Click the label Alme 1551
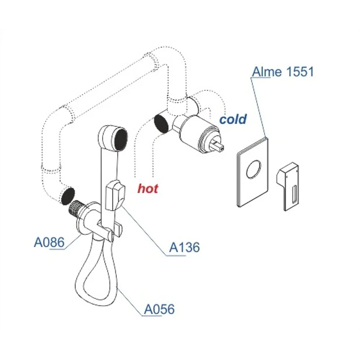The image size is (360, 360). tap(283, 72)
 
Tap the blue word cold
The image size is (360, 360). tap(233, 119)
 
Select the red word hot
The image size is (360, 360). tap(148, 189)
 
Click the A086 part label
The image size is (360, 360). tap(49, 242)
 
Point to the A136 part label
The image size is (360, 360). tap(184, 247)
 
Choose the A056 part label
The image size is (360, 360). tap(159, 309)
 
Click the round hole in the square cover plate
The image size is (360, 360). tap(254, 169)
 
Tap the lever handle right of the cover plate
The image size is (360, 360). tap(288, 186)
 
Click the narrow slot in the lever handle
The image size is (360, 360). tap(294, 195)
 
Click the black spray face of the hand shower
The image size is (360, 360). tap(121, 139)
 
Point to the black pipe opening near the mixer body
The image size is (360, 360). tap(161, 124)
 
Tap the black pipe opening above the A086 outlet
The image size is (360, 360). tap(68, 196)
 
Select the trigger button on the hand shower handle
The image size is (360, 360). tap(115, 195)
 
